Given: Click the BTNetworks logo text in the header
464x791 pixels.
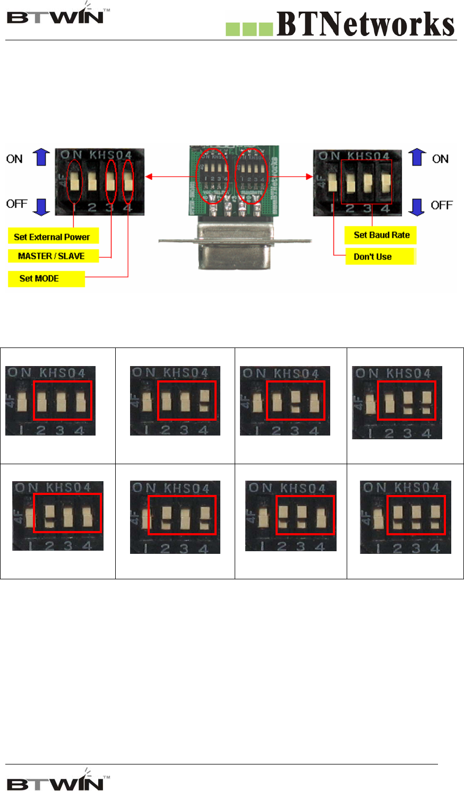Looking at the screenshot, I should (365, 24).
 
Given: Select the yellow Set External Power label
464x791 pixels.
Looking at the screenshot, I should (53, 237).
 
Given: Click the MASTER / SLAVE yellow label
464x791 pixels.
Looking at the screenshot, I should (52, 256).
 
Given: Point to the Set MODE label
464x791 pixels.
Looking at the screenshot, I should (46, 279).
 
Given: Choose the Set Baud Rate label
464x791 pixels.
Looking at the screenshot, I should (381, 235).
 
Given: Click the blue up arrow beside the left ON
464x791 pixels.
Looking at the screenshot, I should (41, 158).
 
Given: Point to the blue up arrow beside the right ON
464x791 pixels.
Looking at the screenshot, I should (417, 158).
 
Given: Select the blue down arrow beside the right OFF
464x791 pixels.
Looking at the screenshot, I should (418, 206).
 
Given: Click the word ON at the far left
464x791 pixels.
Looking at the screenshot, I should (15, 159).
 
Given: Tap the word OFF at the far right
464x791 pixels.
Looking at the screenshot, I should (442, 205).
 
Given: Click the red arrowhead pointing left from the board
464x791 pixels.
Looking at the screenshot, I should (149, 176).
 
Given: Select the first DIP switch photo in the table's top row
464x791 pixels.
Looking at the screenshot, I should (51, 401).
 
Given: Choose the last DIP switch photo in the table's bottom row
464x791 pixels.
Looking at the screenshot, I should (406, 517).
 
